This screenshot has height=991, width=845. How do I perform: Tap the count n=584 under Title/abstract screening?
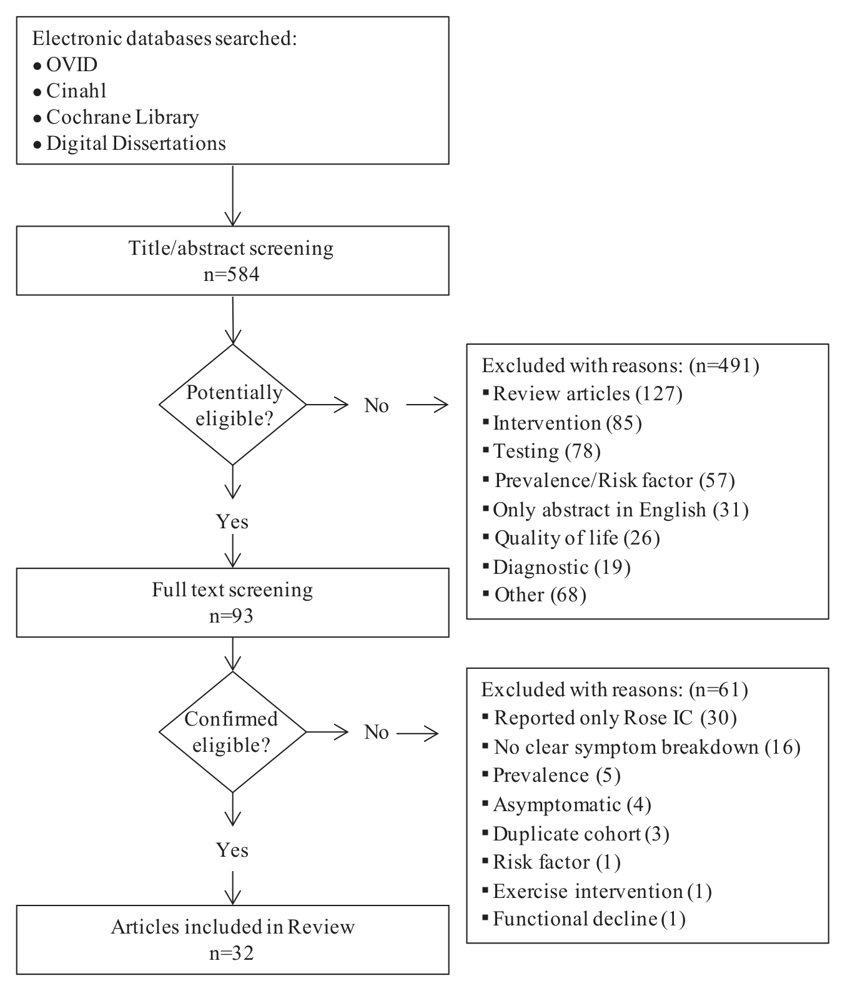pos(232,274)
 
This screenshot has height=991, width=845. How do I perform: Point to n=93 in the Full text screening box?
pos(232,616)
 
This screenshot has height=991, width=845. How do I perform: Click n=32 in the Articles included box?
pos(232,954)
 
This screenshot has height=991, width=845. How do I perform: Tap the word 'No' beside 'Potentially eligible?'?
pos(377,405)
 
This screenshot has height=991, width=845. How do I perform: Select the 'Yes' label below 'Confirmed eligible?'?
pos(232,850)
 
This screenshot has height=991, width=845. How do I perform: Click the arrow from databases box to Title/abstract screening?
pos(232,195)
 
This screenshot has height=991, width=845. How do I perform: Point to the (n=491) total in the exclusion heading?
pos(724,365)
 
